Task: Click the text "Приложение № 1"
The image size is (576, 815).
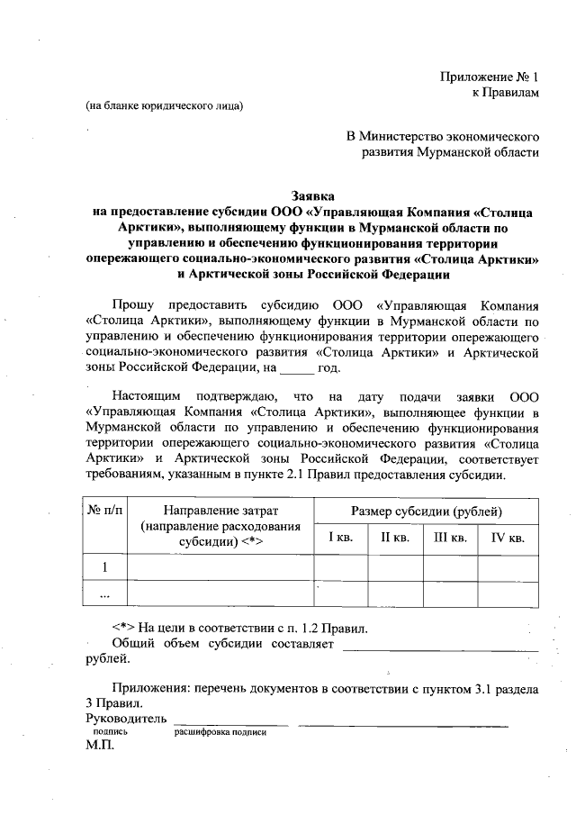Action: [x=490, y=76]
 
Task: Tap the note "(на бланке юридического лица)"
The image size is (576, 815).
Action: [x=164, y=106]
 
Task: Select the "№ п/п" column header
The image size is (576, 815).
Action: [x=106, y=511]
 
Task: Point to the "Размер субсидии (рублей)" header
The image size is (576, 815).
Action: [x=426, y=511]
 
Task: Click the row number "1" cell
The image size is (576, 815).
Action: [x=106, y=567]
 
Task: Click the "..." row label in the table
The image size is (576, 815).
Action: [x=106, y=594]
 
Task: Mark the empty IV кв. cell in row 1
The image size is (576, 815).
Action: [x=508, y=567]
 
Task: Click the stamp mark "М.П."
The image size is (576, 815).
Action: [x=100, y=747]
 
